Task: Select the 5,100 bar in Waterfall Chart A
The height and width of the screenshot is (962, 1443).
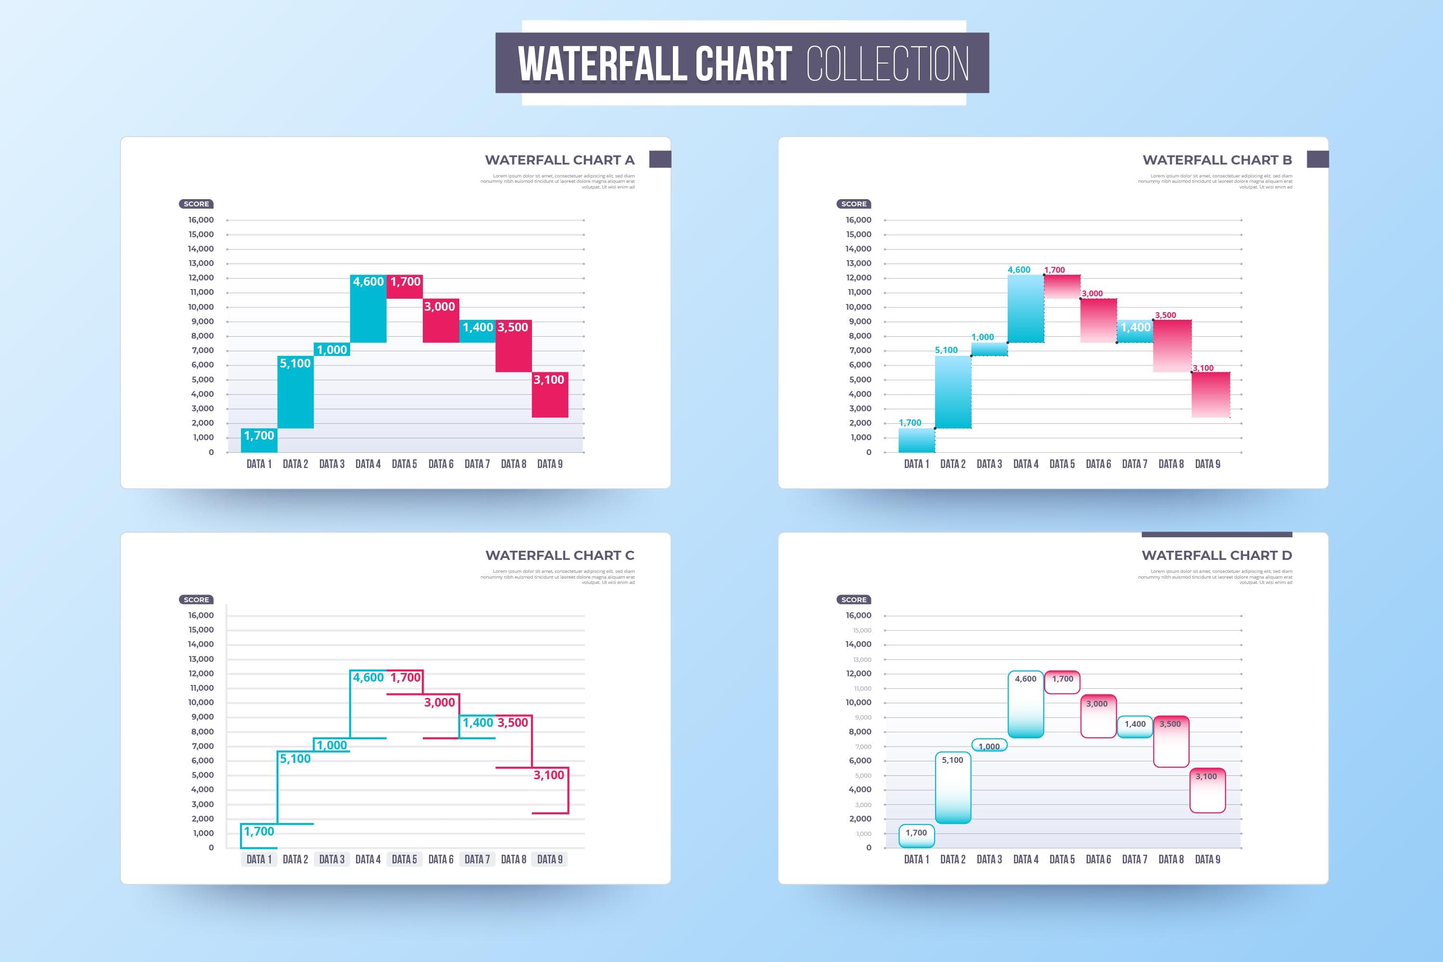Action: (295, 392)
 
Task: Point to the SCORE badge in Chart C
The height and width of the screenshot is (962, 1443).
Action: (196, 599)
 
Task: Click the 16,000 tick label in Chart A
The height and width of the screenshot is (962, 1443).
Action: (201, 220)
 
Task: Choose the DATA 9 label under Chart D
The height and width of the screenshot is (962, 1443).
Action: (1207, 860)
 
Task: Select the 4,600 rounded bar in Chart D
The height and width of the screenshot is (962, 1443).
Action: (1025, 704)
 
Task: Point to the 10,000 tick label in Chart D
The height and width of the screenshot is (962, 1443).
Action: (858, 702)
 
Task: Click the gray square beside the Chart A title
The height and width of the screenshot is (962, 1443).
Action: (659, 160)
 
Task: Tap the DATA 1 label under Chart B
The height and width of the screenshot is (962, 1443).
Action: (916, 464)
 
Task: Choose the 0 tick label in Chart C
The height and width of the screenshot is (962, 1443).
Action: (211, 847)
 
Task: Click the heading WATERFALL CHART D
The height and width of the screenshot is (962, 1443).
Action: (1216, 555)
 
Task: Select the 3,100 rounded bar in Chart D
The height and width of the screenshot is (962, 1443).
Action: (1207, 791)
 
